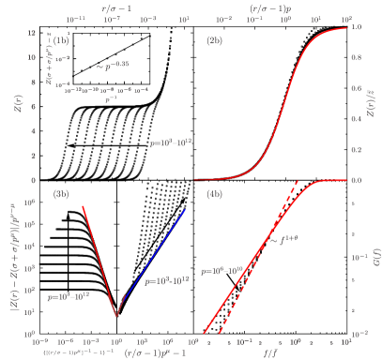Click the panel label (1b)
tap(62, 41)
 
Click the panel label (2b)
tap(214, 41)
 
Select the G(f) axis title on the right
tap(374, 253)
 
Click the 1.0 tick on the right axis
tap(356, 28)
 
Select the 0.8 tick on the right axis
tap(356, 58)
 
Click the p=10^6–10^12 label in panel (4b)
tap(223, 270)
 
